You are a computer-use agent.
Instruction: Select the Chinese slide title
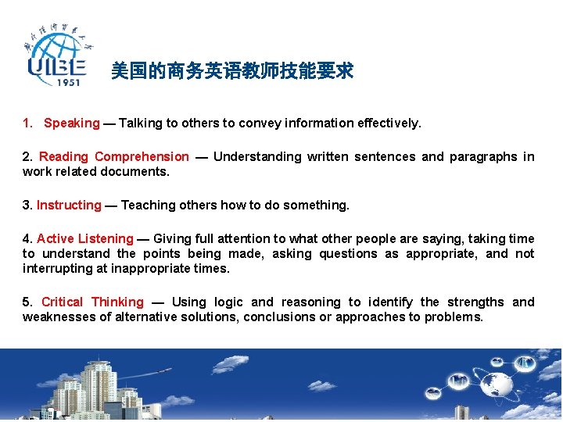tap(232, 72)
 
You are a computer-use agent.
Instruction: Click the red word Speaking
tap(72, 123)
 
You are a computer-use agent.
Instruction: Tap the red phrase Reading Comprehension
tap(114, 156)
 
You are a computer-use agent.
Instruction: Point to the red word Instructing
tap(69, 205)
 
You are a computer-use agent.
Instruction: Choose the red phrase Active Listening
tap(84, 238)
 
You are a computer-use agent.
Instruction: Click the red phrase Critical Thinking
tap(92, 302)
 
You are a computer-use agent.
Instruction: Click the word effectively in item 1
tap(389, 123)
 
